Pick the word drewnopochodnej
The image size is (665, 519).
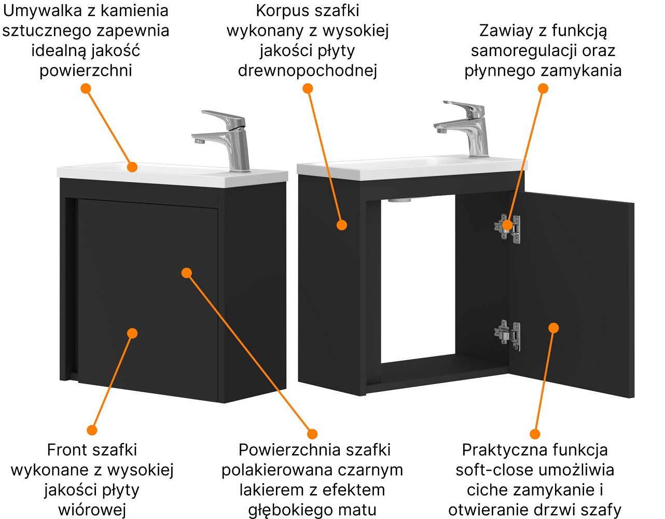[307, 71]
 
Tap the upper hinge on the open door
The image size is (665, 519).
[507, 227]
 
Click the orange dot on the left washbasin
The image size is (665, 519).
[132, 167]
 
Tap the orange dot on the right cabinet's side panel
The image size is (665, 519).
[341, 225]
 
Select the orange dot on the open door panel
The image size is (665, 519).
[553, 328]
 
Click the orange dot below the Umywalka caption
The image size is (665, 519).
[86, 89]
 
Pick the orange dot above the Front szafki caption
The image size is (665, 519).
[92, 430]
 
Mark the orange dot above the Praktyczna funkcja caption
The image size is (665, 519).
[535, 434]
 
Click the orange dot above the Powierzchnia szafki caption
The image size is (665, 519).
[312, 434]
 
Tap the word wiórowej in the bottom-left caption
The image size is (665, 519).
[92, 510]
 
